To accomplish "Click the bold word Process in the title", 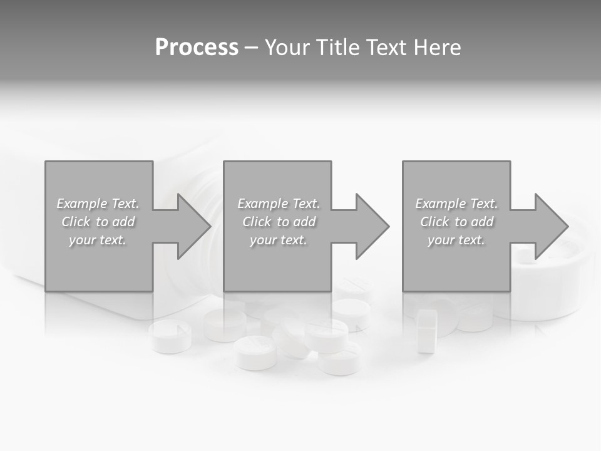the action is [197, 48].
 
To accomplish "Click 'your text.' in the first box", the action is [98, 240].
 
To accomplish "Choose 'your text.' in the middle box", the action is [279, 240].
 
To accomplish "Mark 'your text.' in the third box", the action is [456, 240].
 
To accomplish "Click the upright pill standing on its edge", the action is [428, 330].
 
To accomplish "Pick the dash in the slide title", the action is [252, 48].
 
